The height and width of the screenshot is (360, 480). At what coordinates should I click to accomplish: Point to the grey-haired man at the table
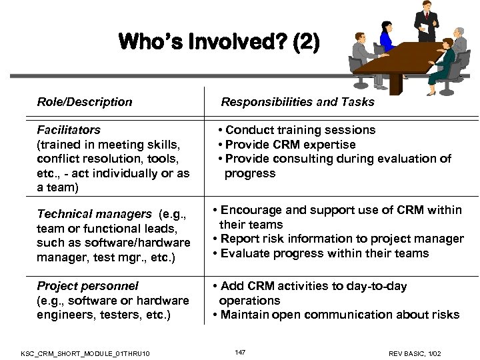459,41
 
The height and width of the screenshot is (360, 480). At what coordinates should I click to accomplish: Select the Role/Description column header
85,102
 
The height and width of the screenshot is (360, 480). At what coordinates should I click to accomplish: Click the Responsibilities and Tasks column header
297,102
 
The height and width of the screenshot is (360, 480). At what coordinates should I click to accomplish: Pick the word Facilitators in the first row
69,130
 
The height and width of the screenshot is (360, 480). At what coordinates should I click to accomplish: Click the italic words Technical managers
94,214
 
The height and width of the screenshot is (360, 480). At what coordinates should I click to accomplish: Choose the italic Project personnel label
87,286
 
